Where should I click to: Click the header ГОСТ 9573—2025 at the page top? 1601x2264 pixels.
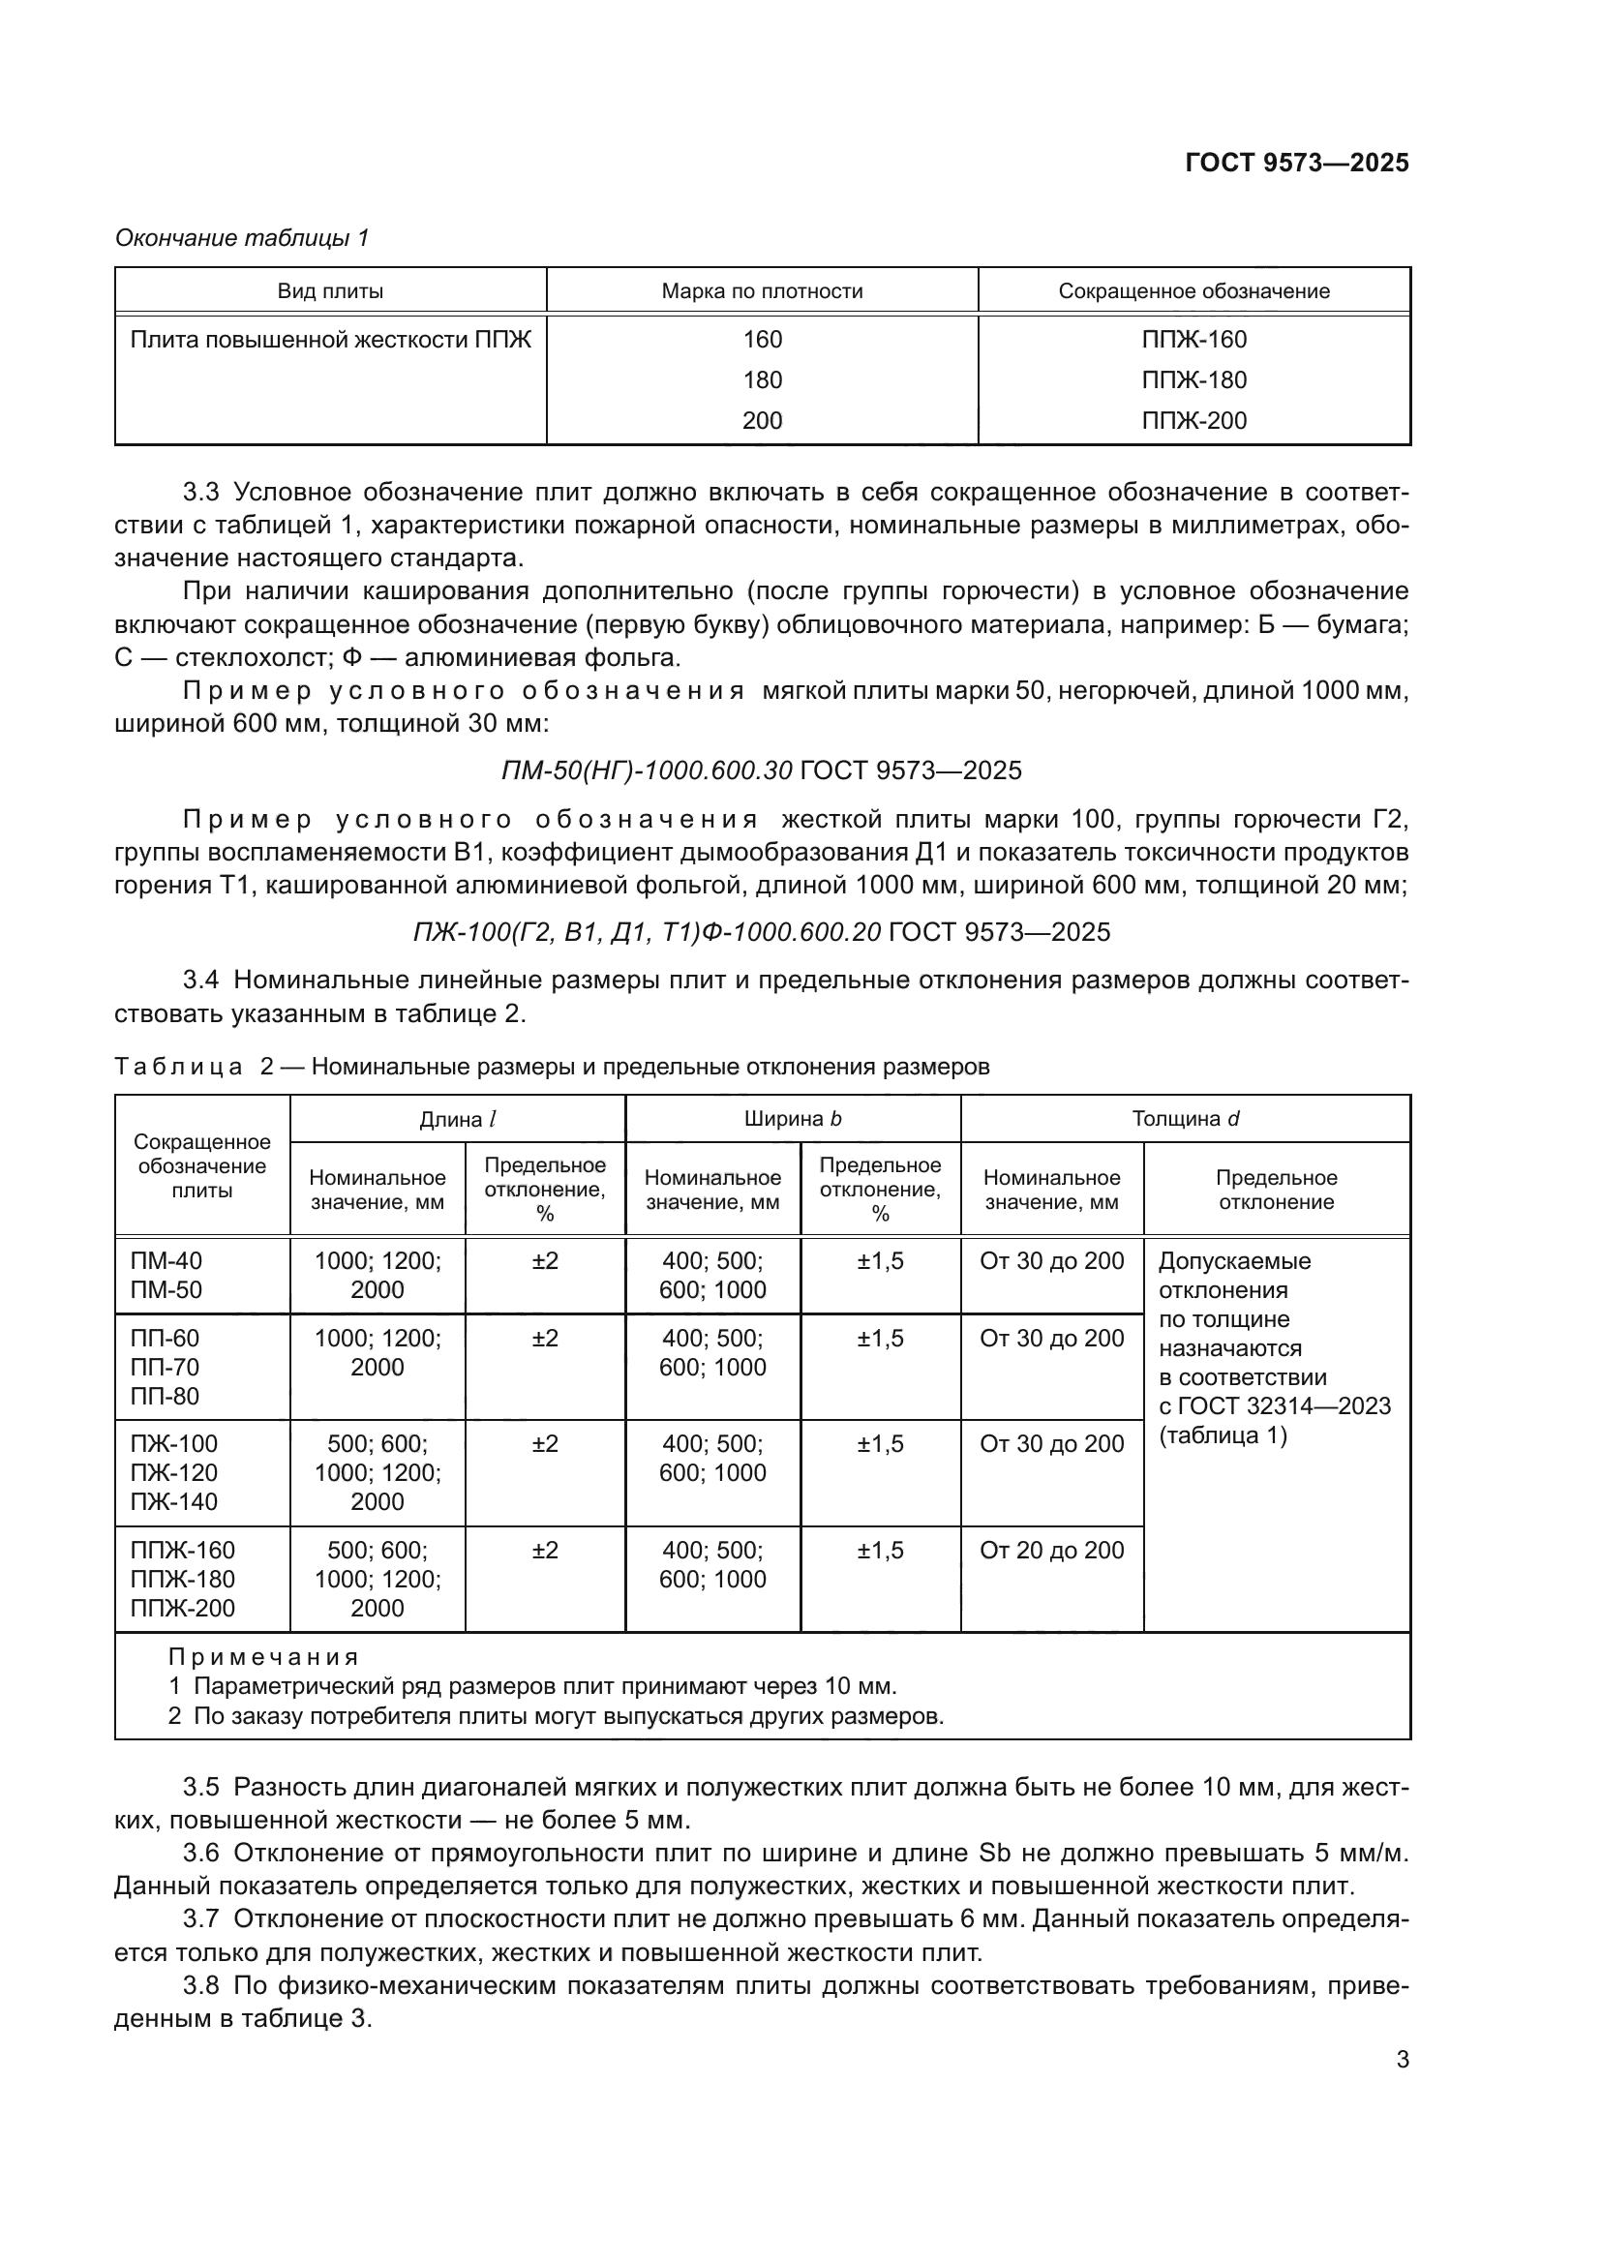coord(1296,163)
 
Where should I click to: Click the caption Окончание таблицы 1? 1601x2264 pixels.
coord(242,238)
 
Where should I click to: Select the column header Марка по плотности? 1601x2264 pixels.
coord(762,291)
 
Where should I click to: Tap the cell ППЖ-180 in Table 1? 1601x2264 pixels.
coord(1193,379)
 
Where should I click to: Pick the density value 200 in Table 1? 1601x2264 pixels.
coord(762,421)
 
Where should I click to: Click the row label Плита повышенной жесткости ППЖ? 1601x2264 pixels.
coord(330,340)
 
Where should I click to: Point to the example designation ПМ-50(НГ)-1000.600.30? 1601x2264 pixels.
coord(647,770)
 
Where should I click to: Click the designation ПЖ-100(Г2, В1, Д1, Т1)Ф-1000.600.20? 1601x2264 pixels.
coord(647,932)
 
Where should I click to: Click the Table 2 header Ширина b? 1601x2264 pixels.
coord(793,1119)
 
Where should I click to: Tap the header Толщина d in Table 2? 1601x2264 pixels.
coord(1185,1119)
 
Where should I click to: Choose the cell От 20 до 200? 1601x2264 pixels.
coord(1052,1550)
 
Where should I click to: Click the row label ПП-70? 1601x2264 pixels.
coord(165,1368)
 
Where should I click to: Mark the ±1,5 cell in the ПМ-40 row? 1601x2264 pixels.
coord(880,1261)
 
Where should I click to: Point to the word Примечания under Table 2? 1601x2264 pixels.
coord(263,1657)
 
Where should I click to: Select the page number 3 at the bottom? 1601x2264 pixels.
coord(1402,2060)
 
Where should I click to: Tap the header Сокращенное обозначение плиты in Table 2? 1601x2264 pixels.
coord(202,1166)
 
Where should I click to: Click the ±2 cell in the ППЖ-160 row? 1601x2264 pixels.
coord(545,1550)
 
